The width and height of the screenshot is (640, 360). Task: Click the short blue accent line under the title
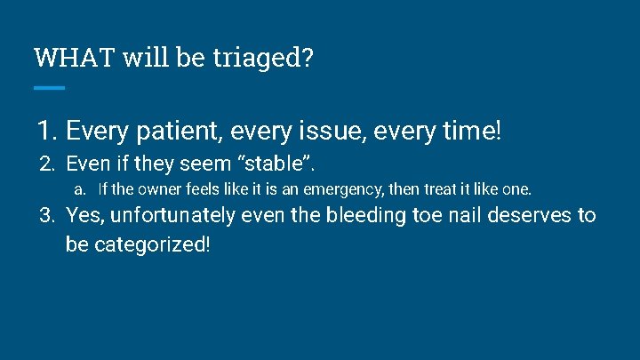click(x=49, y=87)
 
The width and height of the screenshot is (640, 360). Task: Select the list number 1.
click(x=46, y=132)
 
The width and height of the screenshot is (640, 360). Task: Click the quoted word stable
click(x=276, y=164)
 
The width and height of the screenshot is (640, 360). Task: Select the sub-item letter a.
click(x=79, y=189)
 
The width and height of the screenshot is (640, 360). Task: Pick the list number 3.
click(x=48, y=215)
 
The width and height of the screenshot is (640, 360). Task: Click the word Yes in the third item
click(x=83, y=215)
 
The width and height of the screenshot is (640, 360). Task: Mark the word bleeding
click(x=366, y=215)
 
